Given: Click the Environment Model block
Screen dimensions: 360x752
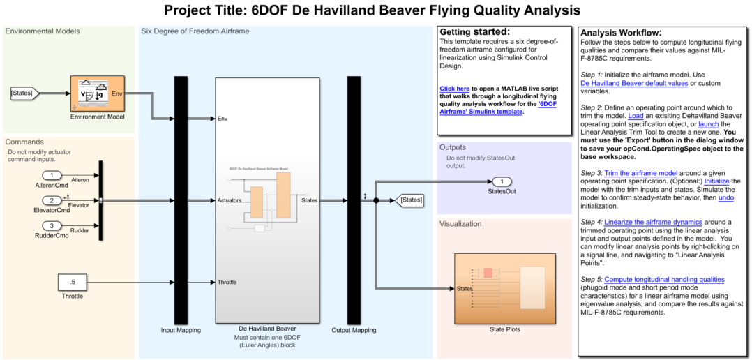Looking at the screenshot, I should [97, 93].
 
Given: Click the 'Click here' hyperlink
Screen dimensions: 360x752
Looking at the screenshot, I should [455, 89].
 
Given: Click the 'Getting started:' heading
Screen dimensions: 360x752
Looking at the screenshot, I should [474, 32].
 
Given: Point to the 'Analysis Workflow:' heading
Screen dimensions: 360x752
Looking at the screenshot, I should [621, 33].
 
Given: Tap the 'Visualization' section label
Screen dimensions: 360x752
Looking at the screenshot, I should [460, 224].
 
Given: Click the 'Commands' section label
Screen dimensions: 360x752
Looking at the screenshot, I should [24, 142].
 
